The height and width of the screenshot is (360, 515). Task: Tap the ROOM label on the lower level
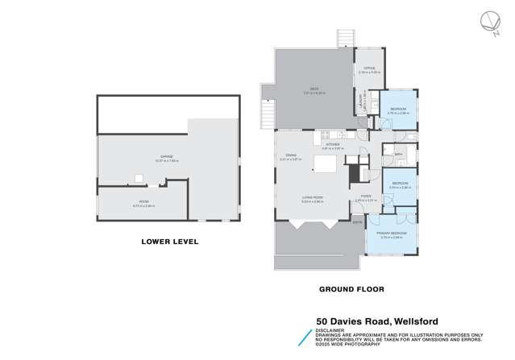(143, 202)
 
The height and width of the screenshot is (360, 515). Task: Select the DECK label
(307, 89)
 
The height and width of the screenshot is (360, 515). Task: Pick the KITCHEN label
(333, 145)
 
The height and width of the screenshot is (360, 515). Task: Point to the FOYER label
(366, 196)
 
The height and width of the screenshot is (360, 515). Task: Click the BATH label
(398, 153)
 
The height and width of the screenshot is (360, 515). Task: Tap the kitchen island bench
(326, 165)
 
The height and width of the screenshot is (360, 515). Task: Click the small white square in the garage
(139, 178)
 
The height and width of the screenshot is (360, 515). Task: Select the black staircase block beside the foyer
(353, 172)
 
